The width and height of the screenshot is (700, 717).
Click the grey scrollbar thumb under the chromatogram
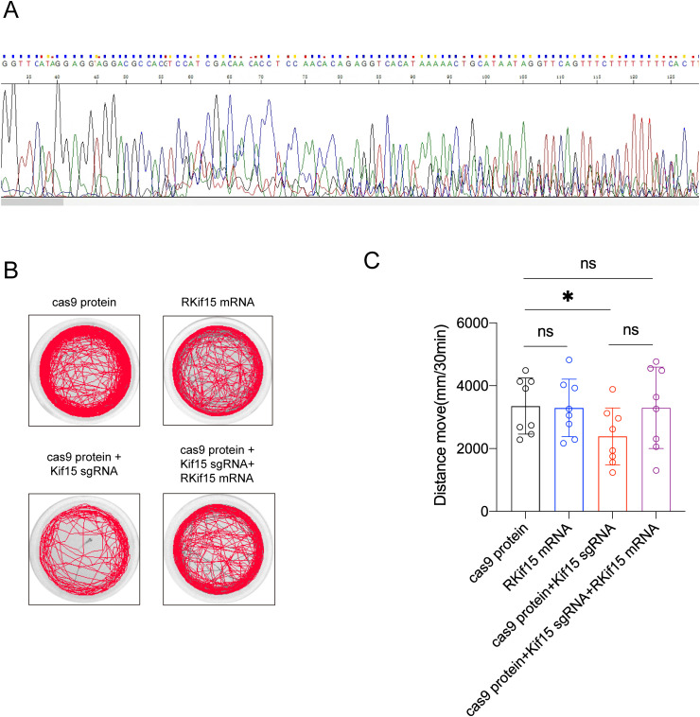(x=32, y=201)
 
